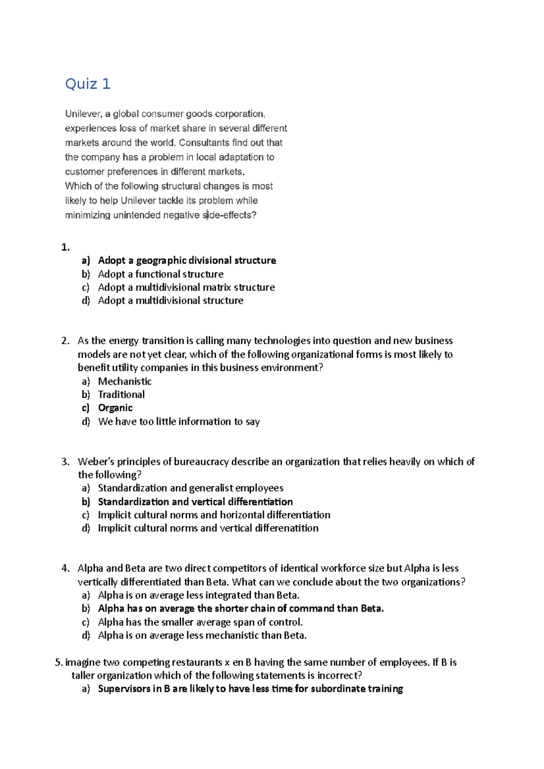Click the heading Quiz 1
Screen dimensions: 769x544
tap(87, 84)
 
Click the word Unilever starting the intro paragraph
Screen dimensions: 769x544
tap(83, 114)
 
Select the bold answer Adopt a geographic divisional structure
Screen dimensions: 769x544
tap(187, 260)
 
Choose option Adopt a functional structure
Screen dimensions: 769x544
tap(160, 274)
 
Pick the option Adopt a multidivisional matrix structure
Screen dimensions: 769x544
tap(186, 287)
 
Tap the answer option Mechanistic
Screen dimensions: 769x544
tap(125, 381)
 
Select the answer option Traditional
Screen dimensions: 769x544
tap(121, 394)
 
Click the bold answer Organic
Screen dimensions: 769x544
tap(115, 408)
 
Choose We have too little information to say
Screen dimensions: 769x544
tap(179, 422)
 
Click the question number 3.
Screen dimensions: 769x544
tap(65, 461)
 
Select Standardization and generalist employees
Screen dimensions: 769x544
tap(190, 488)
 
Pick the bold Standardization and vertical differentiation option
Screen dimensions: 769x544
tap(195, 501)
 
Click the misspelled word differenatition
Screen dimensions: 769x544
tap(287, 528)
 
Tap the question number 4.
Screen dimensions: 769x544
tap(65, 568)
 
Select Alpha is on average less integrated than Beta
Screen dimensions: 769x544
tap(199, 595)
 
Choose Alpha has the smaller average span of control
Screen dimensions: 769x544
tap(200, 622)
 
